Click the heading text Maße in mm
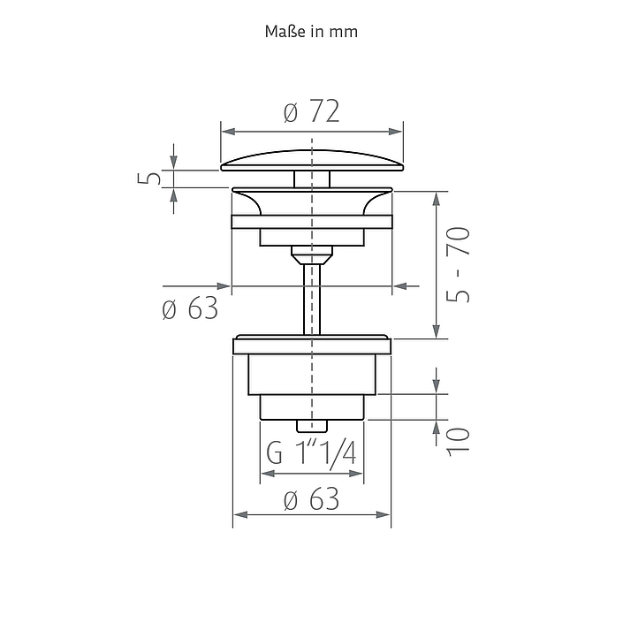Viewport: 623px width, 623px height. click(311, 32)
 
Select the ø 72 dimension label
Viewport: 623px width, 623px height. click(312, 111)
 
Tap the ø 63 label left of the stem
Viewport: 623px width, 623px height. click(190, 308)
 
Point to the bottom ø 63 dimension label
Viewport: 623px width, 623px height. click(312, 499)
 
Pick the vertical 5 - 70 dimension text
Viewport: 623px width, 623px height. click(458, 264)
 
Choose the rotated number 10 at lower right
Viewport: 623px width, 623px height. click(458, 442)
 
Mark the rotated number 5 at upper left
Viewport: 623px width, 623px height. click(149, 178)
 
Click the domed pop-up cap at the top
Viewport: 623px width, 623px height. click(312, 161)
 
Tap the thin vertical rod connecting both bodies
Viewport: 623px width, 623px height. click(312, 300)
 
